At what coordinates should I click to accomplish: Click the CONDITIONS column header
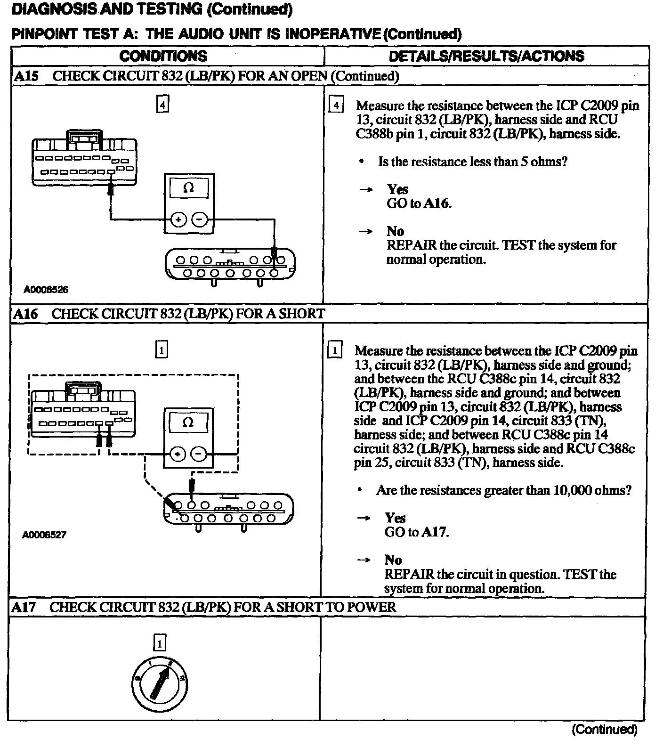pos(163,56)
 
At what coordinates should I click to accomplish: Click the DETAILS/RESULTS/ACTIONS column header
pos(486,56)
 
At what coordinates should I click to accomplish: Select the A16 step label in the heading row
pos(25,314)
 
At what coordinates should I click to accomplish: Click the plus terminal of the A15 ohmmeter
pos(179,219)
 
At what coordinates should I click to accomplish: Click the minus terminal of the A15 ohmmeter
pos(200,219)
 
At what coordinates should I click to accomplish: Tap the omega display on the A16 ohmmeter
pos(187,422)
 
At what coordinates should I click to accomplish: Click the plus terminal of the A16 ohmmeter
pos(178,455)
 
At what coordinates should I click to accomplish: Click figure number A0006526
pos(46,290)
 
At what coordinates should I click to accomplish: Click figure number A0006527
pos(44,535)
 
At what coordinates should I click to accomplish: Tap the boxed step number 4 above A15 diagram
pos(162,105)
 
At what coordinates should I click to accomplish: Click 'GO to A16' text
pos(419,203)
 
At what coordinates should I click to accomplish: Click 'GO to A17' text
pos(417,532)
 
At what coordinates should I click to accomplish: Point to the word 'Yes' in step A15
pos(397,189)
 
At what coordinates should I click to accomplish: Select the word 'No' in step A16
pos(393,560)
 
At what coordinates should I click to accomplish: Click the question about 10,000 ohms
pos(503,490)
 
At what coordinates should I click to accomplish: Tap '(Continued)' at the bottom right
pos(604,730)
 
